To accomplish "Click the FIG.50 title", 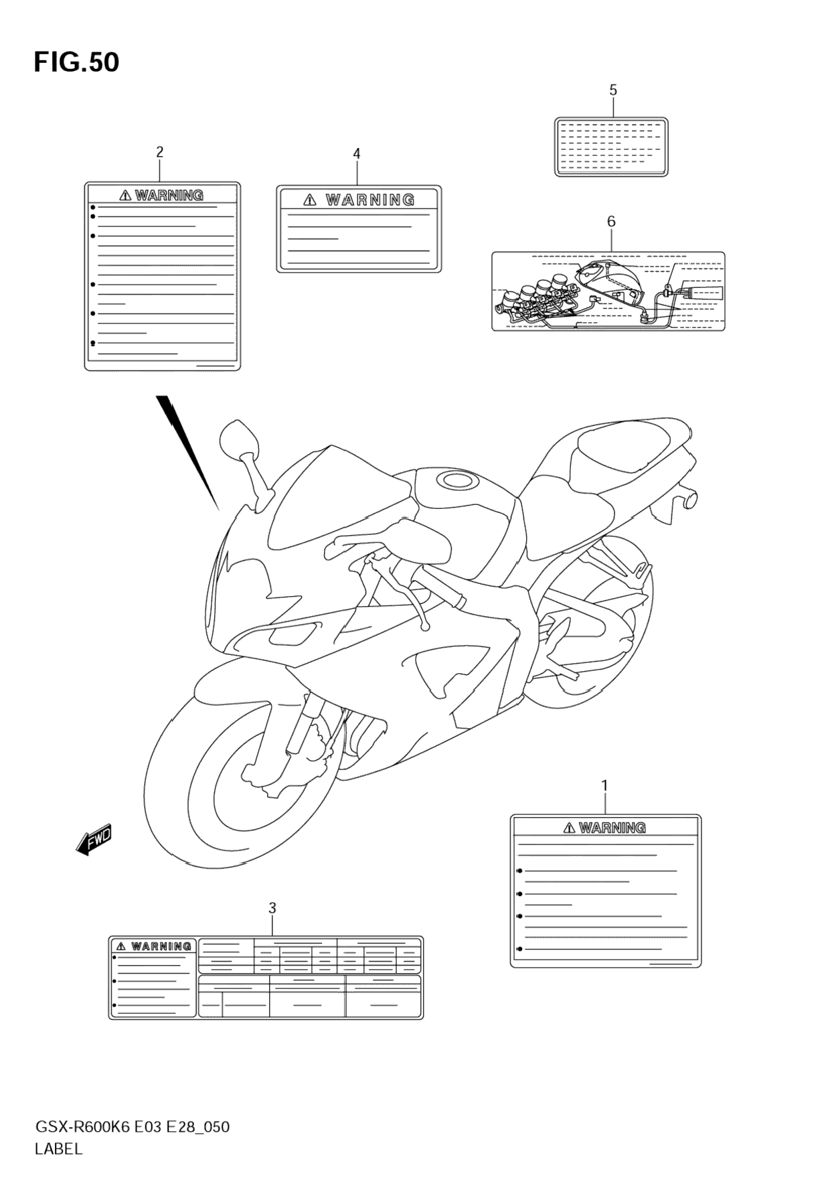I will click(x=76, y=62).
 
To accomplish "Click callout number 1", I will click(x=604, y=785).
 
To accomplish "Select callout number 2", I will click(x=159, y=152).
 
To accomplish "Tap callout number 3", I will click(x=272, y=908).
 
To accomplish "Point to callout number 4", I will click(x=357, y=154).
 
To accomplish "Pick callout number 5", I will click(x=613, y=90).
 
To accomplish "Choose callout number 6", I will click(x=611, y=221).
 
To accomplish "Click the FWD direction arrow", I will click(x=94, y=839).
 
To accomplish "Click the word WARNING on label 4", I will click(x=370, y=200).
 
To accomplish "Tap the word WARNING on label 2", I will click(x=169, y=196).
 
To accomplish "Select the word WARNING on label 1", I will click(x=612, y=828).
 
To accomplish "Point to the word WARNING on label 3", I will click(x=161, y=946).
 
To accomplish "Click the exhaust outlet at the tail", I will click(x=689, y=498).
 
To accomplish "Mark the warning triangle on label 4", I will click(x=309, y=200).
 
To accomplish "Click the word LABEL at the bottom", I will click(x=58, y=1149).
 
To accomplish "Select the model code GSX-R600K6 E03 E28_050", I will click(x=132, y=1127).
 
